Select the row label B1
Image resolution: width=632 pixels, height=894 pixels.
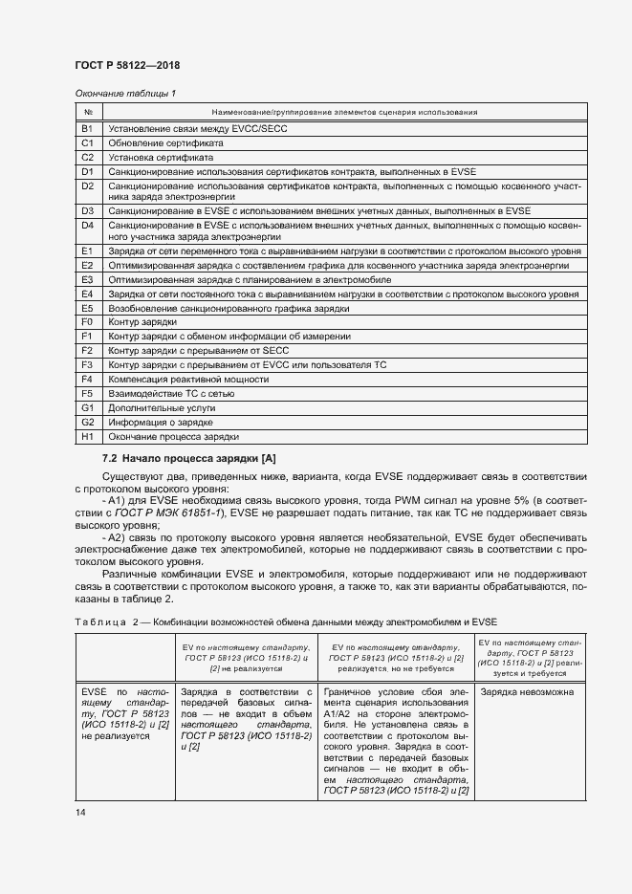(x=86, y=127)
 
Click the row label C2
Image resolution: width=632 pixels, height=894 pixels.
(x=86, y=156)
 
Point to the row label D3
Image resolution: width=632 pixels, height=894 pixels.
(x=86, y=209)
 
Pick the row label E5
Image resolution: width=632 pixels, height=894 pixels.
(x=86, y=309)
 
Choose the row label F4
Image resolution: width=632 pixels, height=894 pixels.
(x=86, y=379)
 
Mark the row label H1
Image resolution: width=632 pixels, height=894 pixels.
(x=86, y=436)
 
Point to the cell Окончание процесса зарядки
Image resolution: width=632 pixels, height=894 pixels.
(x=173, y=436)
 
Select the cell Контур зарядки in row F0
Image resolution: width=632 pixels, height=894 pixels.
(x=142, y=323)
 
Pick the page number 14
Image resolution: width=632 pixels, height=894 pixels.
(x=80, y=812)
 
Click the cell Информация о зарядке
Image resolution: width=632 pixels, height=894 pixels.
(x=160, y=422)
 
